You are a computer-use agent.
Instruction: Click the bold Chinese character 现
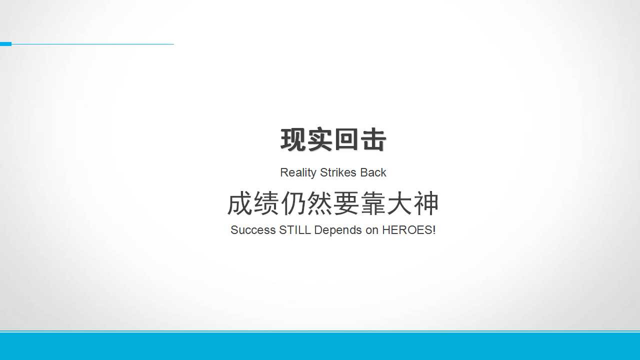(x=293, y=139)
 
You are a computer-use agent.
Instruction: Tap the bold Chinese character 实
(x=319, y=139)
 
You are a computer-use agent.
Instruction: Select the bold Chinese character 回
(x=346, y=139)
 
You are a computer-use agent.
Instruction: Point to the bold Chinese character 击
(x=373, y=139)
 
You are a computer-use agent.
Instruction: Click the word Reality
(x=298, y=173)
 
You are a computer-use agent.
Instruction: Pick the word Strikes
(x=338, y=172)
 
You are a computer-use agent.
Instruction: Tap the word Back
(x=373, y=172)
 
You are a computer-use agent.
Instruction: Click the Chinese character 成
(x=239, y=203)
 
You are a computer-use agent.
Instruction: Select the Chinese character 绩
(x=266, y=203)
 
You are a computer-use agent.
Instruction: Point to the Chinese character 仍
(x=293, y=203)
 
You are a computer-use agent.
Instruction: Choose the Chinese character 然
(x=319, y=203)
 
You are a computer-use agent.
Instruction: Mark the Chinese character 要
(x=346, y=203)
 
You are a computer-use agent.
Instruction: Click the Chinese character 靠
(x=373, y=203)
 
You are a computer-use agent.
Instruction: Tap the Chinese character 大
(x=399, y=203)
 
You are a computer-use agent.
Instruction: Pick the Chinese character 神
(x=426, y=203)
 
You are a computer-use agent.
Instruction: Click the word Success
(x=253, y=230)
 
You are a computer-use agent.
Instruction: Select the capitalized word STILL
(x=295, y=230)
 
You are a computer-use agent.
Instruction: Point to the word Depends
(x=337, y=230)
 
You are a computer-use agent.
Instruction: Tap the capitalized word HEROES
(x=407, y=230)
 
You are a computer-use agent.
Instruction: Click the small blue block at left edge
(x=5, y=44)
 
